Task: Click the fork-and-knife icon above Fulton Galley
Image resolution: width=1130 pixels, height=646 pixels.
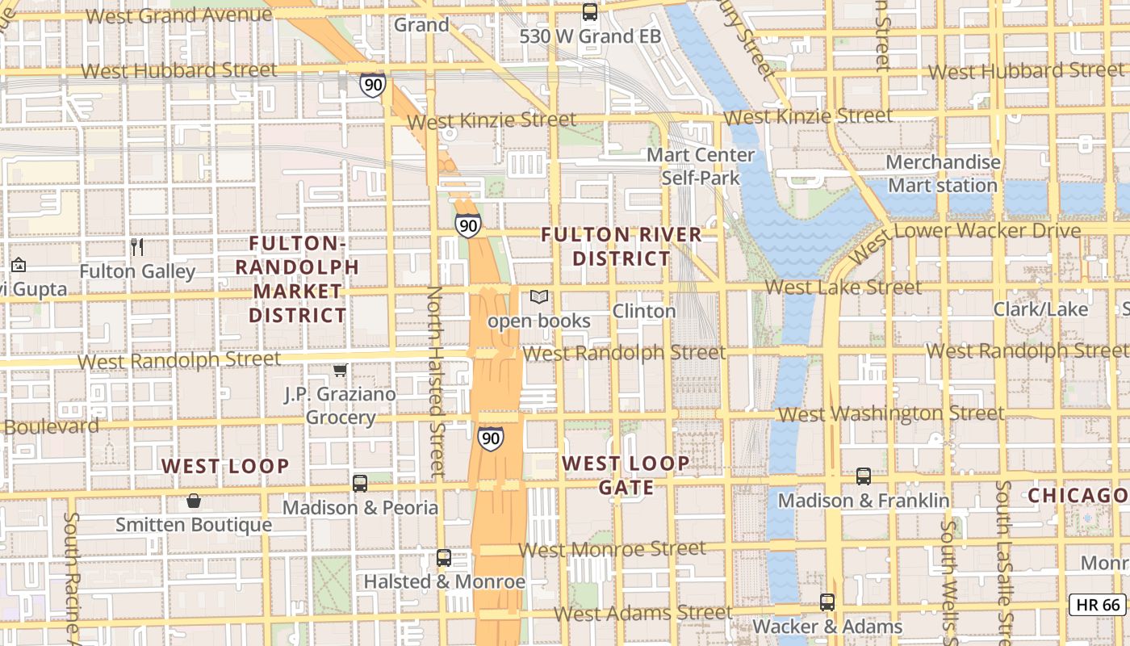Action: (137, 246)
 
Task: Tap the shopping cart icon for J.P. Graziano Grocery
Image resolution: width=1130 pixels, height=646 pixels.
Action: (341, 370)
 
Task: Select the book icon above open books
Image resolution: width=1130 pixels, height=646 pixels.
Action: (538, 297)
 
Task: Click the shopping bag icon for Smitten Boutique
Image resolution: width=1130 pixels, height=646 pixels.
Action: (194, 501)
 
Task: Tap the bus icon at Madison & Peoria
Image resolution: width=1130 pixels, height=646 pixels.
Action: (360, 484)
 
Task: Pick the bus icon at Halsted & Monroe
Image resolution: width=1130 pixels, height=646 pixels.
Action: (443, 557)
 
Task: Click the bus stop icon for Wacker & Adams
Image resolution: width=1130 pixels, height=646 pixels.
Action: (827, 602)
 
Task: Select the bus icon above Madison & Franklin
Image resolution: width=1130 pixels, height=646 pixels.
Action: (864, 476)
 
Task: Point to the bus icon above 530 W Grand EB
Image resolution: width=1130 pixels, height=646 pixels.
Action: (590, 12)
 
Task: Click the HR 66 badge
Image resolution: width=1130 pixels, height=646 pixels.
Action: (1098, 605)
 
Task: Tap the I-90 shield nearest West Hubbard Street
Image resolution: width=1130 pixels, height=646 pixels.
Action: (372, 84)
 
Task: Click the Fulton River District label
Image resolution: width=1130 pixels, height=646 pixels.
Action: (621, 246)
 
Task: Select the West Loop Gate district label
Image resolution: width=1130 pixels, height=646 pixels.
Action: (626, 476)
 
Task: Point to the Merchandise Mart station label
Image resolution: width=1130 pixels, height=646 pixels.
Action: (943, 174)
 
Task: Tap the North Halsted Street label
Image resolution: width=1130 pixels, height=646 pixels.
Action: (436, 380)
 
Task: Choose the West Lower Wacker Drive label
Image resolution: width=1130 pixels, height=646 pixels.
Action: (965, 238)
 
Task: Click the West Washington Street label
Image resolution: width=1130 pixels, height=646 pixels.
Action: (891, 414)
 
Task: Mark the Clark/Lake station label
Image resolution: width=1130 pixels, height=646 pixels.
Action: (1040, 309)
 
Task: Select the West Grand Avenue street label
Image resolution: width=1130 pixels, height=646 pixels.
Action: (178, 15)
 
